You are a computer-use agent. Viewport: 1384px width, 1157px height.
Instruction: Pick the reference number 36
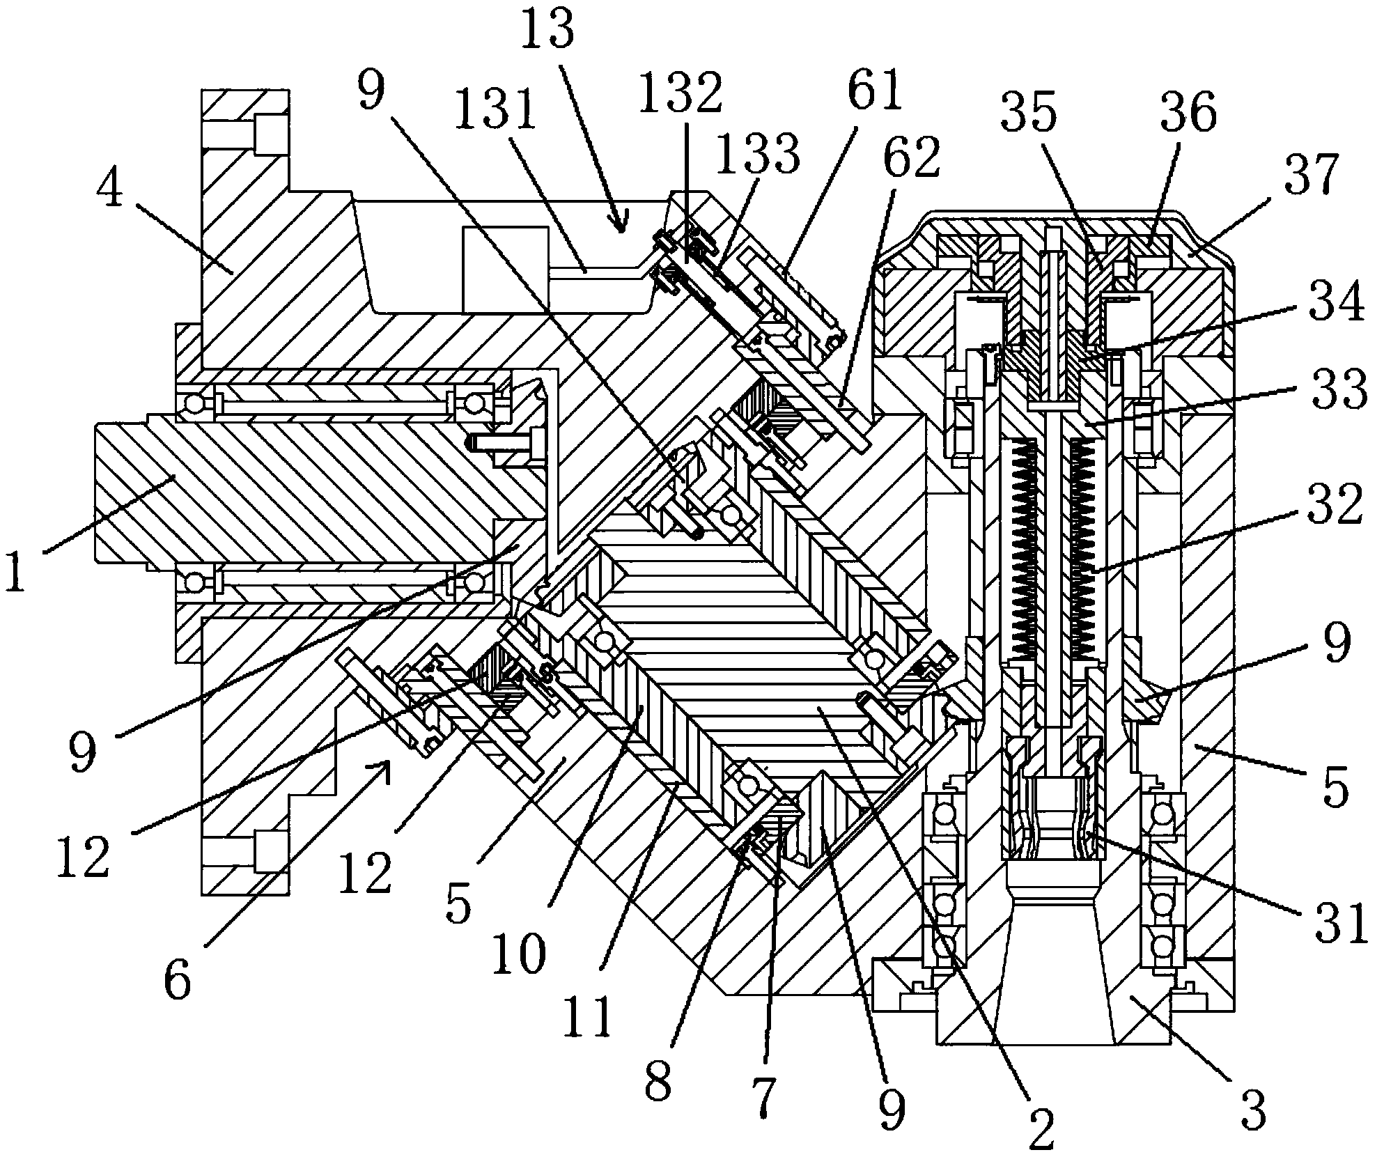click(x=1188, y=111)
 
